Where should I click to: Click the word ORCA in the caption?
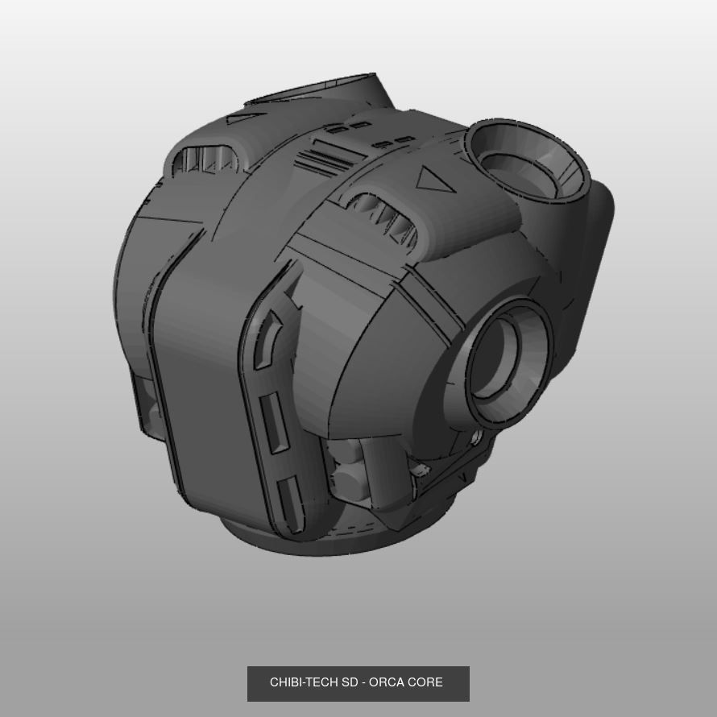[387, 682]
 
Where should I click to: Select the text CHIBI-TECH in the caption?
[304, 682]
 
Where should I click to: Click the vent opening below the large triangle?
[387, 218]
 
